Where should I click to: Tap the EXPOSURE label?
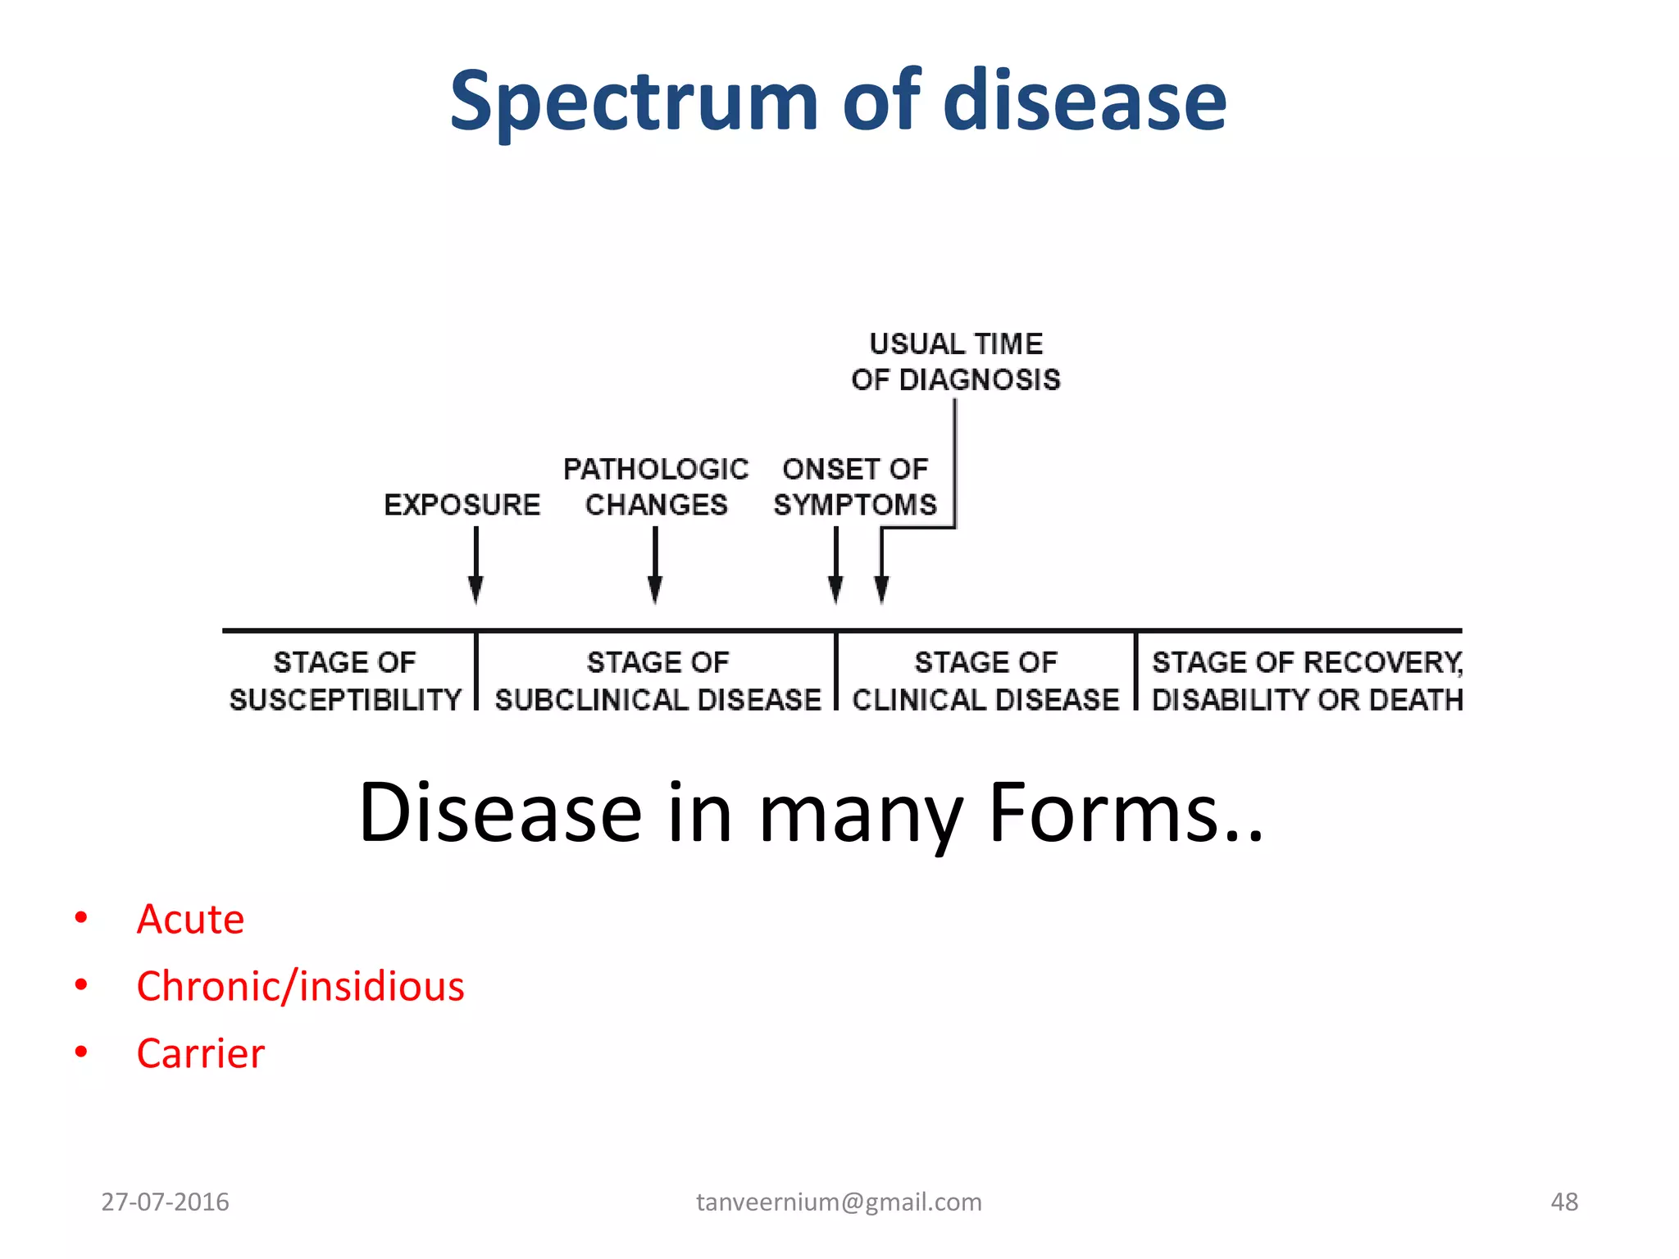[462, 505]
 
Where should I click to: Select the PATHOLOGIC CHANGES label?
[656, 487]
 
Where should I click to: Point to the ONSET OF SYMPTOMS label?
[854, 487]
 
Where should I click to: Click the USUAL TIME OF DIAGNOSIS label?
[956, 361]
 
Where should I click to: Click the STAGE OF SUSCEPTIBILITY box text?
[345, 681]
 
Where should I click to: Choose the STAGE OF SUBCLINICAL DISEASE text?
[657, 681]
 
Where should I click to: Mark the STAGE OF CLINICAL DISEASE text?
[985, 681]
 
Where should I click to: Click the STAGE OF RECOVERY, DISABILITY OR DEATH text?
[1307, 681]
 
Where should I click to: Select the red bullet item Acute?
[190, 919]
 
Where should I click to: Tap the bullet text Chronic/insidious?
[300, 986]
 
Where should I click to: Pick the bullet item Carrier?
[200, 1053]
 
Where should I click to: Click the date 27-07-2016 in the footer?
[165, 1202]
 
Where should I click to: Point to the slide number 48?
[1564, 1202]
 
